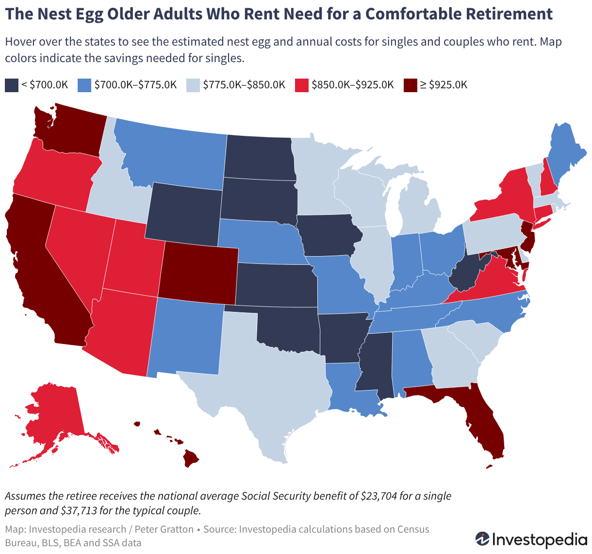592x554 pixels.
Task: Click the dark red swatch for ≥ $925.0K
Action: (x=410, y=85)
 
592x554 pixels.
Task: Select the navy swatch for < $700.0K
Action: (x=12, y=85)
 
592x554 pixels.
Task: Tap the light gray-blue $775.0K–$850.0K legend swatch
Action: (x=193, y=85)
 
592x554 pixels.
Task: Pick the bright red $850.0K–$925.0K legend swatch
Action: (x=302, y=85)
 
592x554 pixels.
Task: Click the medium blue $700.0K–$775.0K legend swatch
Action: (x=84, y=85)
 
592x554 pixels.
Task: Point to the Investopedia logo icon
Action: (x=482, y=539)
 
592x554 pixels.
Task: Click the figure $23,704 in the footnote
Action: (x=379, y=496)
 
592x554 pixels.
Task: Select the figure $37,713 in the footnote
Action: (x=79, y=511)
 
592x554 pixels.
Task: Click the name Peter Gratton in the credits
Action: (x=164, y=529)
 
